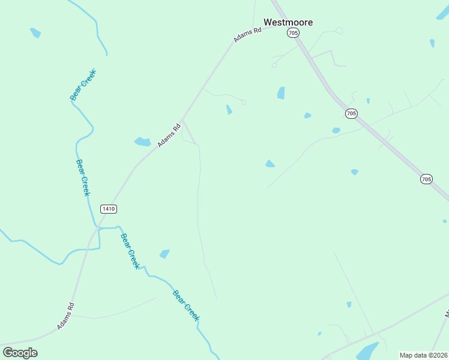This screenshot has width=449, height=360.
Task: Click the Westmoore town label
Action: pos(288,22)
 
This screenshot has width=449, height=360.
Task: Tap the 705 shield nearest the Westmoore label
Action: pos(292,33)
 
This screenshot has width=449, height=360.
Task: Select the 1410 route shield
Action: pos(109,209)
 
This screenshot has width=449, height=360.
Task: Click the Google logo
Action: pos(20,353)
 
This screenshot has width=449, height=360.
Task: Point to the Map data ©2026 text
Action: pos(423,355)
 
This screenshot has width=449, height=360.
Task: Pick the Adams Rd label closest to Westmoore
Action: pos(247,35)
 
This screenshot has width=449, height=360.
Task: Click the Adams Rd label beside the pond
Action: pos(169,135)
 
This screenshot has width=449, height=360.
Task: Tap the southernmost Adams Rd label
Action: pos(65,316)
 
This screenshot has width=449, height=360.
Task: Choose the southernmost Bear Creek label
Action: pos(185,305)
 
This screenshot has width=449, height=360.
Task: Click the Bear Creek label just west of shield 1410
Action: pos(82,178)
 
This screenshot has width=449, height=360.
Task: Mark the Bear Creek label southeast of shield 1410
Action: pos(130,250)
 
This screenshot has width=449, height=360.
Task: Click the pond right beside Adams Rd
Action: pos(142,142)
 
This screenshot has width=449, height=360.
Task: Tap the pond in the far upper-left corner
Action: pos(35,32)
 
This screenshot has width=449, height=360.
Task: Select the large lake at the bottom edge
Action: pos(367,350)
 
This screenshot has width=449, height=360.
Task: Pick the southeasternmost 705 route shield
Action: pos(426,179)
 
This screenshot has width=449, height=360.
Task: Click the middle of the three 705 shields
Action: pos(351,113)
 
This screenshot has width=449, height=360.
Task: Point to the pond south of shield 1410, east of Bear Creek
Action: pos(164,254)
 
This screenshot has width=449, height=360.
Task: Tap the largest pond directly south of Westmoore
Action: pos(280,92)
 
